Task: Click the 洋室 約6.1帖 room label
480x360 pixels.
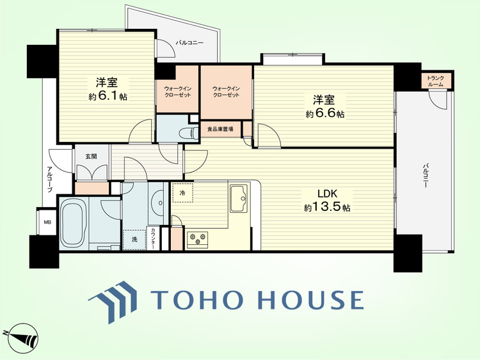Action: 108,89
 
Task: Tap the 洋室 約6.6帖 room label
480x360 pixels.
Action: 324,107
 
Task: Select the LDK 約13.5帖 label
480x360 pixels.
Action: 327,200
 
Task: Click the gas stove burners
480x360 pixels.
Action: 198,239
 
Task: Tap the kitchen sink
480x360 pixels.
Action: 239,198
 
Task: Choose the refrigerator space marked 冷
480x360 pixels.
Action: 182,193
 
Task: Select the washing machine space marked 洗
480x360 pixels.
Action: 134,240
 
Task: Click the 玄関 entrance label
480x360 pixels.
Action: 91,156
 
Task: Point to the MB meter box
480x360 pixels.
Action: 47,223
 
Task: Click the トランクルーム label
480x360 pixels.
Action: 435,81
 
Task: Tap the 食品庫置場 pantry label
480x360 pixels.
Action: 220,129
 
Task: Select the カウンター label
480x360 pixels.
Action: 153,239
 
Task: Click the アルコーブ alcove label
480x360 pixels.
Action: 49,179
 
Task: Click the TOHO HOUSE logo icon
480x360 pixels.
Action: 113,302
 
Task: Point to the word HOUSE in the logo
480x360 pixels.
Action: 311,300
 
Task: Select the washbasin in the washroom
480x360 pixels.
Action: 159,203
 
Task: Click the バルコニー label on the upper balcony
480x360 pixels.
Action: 189,43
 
